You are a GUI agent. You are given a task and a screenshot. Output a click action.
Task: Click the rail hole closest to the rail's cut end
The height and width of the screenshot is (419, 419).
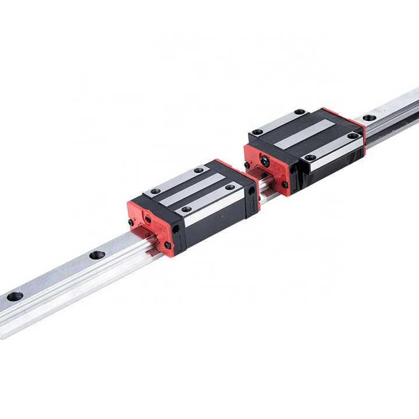click(15, 296)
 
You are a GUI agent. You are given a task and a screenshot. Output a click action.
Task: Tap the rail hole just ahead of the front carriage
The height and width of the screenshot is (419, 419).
click(97, 255)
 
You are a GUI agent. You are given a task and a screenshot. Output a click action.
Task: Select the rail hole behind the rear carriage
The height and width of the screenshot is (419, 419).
click(370, 118)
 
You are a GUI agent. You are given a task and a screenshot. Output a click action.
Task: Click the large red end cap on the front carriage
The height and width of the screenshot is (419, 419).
click(150, 224)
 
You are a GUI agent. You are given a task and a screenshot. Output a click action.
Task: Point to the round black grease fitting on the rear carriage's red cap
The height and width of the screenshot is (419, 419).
click(265, 161)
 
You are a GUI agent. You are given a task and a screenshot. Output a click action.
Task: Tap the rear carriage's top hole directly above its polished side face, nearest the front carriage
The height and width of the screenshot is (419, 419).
click(310, 157)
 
